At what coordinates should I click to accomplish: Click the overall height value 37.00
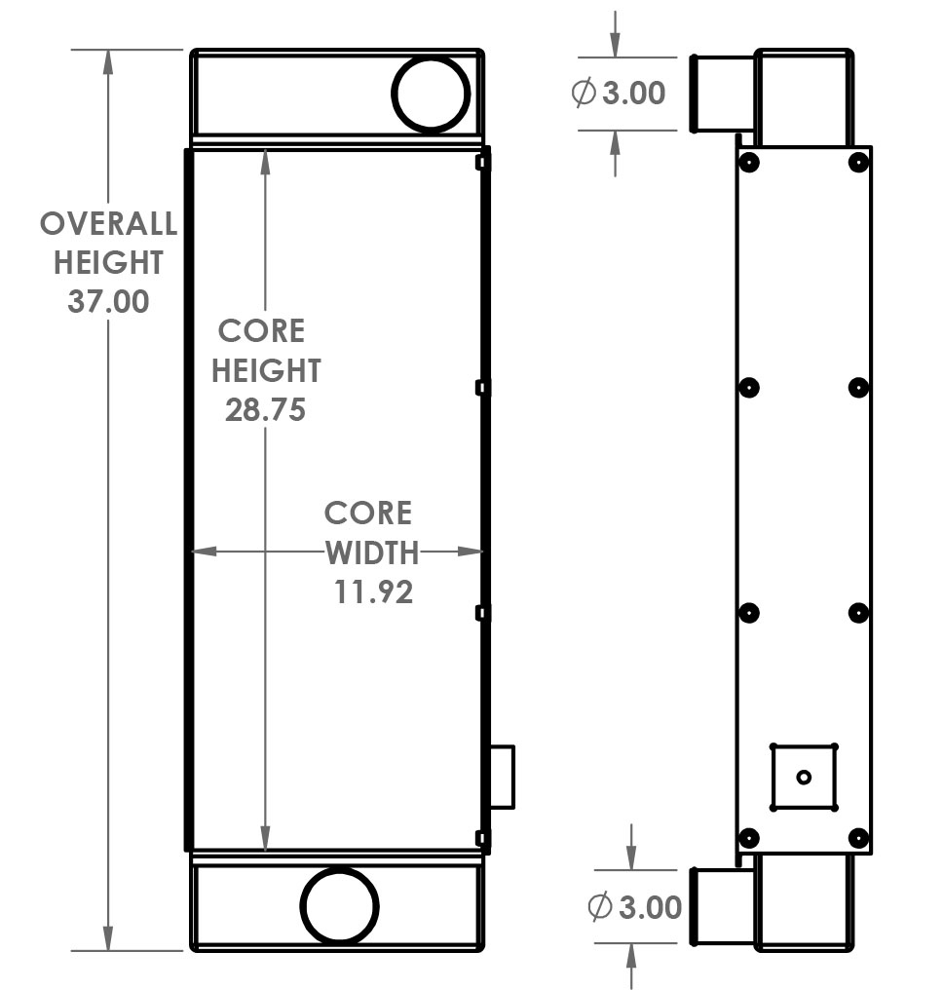coord(108,301)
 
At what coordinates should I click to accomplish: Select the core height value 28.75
coord(265,409)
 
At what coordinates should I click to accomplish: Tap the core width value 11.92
coord(374,591)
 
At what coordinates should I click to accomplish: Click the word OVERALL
coord(108,224)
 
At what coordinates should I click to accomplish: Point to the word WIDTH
coord(371,553)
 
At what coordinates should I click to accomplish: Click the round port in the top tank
coord(431,94)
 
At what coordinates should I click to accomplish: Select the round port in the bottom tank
coord(340,906)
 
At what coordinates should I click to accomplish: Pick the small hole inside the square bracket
coord(804,777)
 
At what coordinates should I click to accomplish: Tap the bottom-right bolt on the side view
coord(858,837)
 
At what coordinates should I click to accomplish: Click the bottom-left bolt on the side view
coord(748,837)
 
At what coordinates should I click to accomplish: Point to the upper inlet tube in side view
coord(722,94)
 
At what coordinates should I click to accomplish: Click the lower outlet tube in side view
coord(722,906)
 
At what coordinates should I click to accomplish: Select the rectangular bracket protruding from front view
coord(501,777)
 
